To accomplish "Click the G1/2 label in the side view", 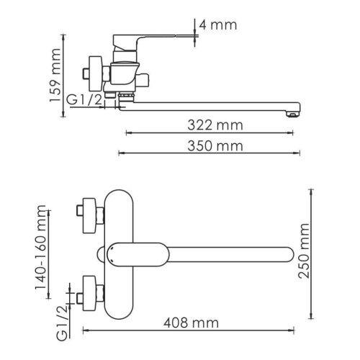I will [85, 101].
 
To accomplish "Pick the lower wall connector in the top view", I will [89, 290].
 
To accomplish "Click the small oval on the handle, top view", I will [114, 253].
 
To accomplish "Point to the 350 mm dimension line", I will [209, 153].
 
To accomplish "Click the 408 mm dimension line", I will [190, 331].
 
